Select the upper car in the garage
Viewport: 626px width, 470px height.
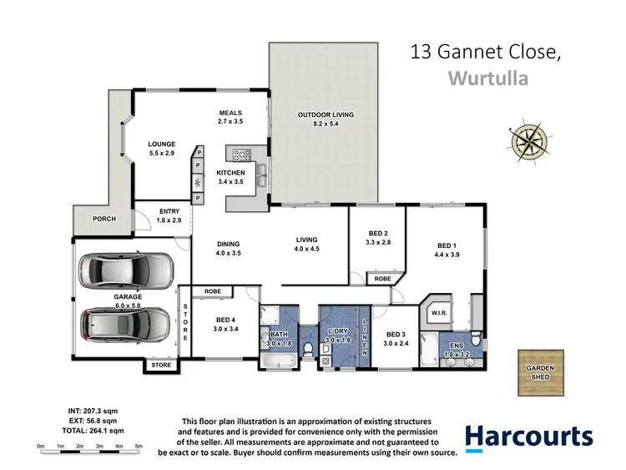click(x=124, y=269)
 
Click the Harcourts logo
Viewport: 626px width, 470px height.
click(x=528, y=437)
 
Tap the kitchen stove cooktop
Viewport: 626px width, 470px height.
click(x=243, y=154)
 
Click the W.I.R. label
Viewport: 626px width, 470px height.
click(x=439, y=314)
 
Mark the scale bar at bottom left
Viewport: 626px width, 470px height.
click(x=90, y=446)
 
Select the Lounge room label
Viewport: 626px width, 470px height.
click(x=161, y=144)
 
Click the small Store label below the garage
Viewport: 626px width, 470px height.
click(x=160, y=365)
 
